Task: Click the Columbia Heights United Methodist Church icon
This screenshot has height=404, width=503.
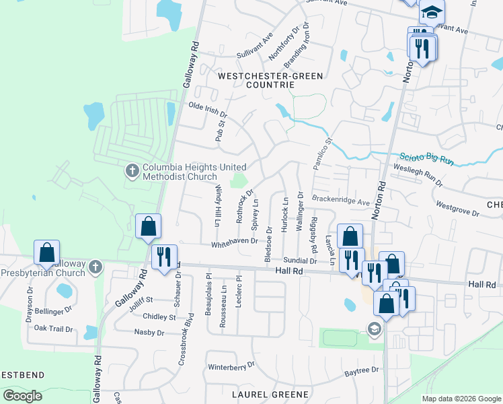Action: pos(132,172)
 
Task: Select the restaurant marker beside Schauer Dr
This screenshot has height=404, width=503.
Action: pos(164,257)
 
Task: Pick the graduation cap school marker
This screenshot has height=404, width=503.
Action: pos(432,11)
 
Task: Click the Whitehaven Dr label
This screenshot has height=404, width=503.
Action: pos(234,240)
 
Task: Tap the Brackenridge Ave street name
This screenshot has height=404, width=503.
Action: pos(341,201)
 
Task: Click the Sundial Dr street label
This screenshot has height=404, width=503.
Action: pos(299,260)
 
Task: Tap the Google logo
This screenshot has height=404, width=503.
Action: pos(22,396)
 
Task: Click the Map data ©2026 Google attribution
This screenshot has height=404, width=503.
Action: pos(461,399)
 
